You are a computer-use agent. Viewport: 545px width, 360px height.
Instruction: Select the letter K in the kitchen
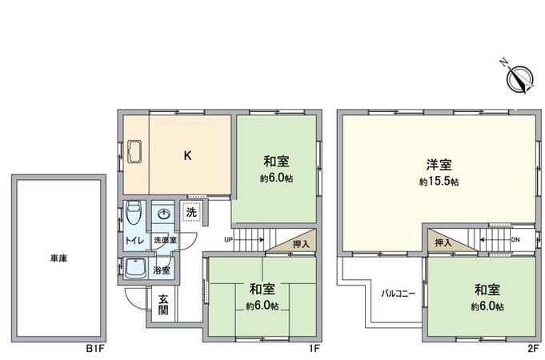(x=187, y=156)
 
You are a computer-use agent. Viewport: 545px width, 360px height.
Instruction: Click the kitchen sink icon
(x=134, y=150)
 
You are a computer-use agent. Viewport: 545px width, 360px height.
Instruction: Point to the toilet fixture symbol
(x=134, y=214)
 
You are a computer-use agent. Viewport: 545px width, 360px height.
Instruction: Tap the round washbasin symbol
(x=164, y=214)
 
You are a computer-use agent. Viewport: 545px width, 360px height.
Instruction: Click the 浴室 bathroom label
(x=162, y=270)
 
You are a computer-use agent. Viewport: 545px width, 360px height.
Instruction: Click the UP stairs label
(x=228, y=239)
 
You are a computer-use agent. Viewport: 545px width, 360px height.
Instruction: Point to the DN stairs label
(x=515, y=238)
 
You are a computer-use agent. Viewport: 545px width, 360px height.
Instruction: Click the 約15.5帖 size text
(x=439, y=182)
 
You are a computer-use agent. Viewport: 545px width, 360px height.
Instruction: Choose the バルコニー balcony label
(x=397, y=294)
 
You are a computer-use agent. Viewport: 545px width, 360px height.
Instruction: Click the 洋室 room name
(x=439, y=166)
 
